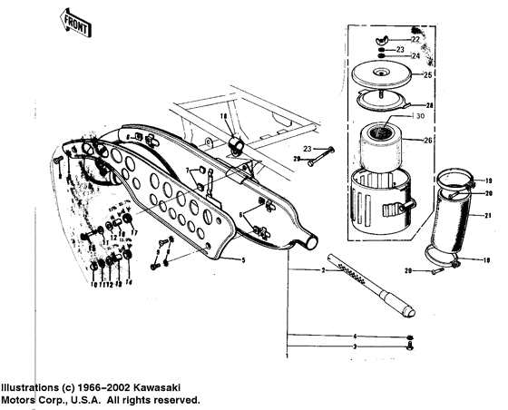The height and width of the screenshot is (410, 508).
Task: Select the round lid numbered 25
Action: [382, 73]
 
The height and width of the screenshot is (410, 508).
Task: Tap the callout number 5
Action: [242, 260]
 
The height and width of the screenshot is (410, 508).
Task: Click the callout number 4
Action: [355, 337]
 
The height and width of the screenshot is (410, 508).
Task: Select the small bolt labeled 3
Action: [411, 346]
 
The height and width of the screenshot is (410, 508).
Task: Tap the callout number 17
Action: [133, 231]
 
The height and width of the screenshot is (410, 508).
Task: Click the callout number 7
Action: [189, 170]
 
